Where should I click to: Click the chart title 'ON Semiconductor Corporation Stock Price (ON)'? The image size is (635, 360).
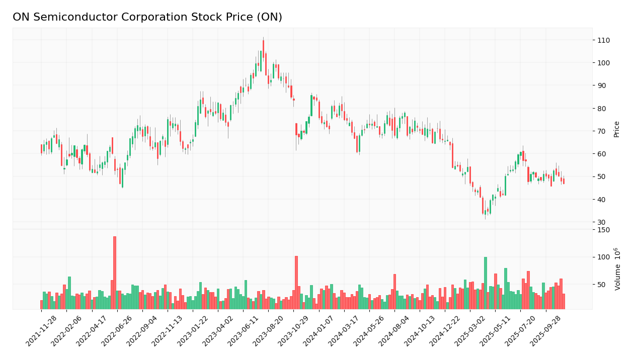(147, 18)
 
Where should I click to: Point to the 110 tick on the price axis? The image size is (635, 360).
(604, 40)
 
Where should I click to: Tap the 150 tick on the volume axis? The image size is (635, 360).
(603, 230)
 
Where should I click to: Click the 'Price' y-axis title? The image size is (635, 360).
(616, 129)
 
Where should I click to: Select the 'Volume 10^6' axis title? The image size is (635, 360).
(617, 269)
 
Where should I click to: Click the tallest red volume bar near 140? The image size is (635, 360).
(115, 272)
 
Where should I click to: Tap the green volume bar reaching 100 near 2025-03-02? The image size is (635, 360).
(486, 283)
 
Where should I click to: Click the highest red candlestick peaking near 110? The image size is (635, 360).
(263, 49)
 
